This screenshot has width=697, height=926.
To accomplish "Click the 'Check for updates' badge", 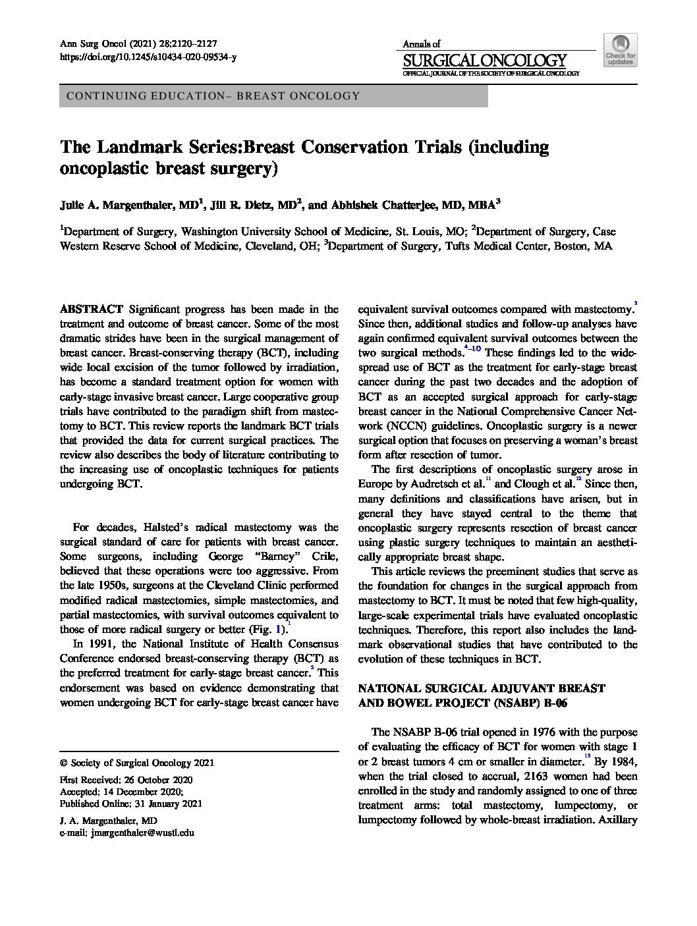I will pos(620,50).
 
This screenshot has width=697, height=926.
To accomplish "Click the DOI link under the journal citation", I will pos(148,57).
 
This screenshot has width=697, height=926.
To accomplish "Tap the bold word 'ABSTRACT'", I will pos(92,309).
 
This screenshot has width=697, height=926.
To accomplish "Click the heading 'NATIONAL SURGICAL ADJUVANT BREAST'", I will pos(480,688).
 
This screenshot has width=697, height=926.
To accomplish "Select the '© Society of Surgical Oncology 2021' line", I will pos(136,763).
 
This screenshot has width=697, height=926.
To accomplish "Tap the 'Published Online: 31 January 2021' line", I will pos(131,803).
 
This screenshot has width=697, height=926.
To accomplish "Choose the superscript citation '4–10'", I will pos(472,347).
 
